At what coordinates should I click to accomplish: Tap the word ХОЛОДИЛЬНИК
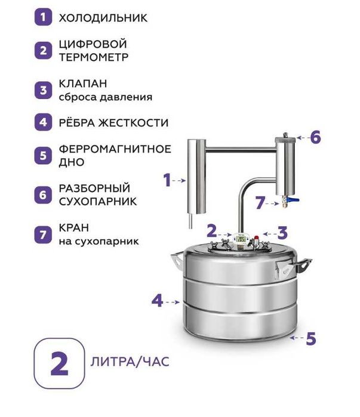tap(103, 18)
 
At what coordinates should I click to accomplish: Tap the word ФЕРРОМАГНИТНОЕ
tap(115, 149)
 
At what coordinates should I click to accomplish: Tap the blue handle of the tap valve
tap(294, 202)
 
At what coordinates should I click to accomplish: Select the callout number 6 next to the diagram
tap(315, 137)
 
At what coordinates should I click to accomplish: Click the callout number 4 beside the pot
tap(157, 301)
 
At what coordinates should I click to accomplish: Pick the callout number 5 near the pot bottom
tap(310, 338)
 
